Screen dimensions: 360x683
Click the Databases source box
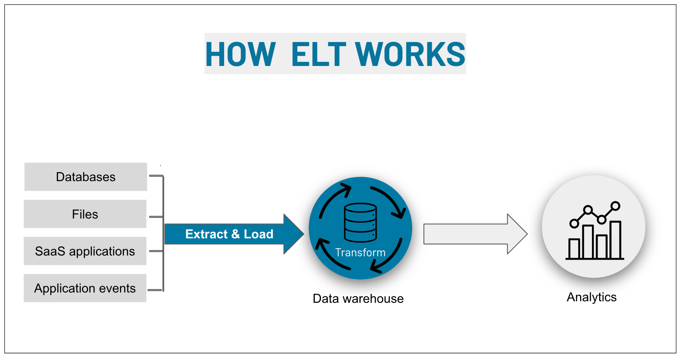tap(85, 177)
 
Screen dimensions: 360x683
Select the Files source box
tap(85, 214)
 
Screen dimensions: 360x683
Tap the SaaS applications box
tap(85, 251)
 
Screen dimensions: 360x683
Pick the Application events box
tap(85, 288)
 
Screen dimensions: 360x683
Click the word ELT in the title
tap(319, 55)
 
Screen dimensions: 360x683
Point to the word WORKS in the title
tap(410, 55)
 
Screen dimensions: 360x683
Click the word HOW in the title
tap(240, 55)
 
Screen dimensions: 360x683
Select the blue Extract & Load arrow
tap(225, 234)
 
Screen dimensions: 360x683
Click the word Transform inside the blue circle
tap(360, 252)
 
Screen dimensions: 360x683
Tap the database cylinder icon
tap(360, 223)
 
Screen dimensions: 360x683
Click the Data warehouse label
tap(358, 299)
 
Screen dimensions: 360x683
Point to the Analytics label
tap(592, 297)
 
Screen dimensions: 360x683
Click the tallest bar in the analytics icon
tap(615, 240)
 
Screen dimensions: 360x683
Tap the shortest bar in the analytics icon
tap(574, 249)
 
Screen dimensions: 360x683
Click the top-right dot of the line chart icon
tap(615, 206)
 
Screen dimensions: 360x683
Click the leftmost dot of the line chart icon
tap(574, 223)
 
